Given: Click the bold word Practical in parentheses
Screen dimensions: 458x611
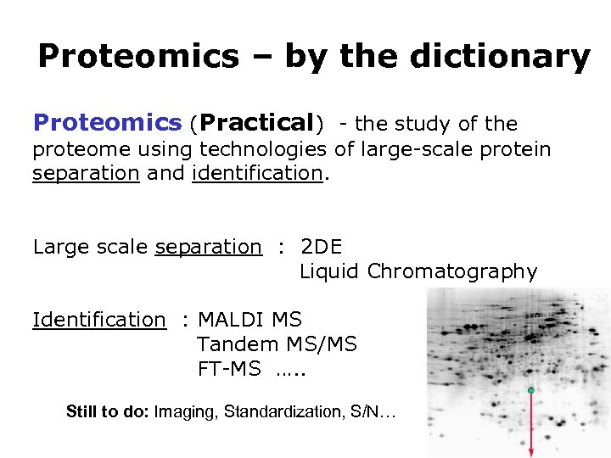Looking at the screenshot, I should [257, 123].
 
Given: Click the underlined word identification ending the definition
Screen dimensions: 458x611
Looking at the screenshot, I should [257, 174].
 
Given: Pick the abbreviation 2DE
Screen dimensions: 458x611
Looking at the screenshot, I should [322, 247].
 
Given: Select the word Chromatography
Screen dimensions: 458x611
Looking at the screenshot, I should [452, 271].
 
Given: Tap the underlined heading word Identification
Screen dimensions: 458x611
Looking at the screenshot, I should [98, 320].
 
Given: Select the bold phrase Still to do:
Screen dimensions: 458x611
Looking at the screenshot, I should [107, 412].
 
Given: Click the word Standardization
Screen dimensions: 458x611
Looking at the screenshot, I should [292, 412].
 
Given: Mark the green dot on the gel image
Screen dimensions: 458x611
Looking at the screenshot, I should [530, 390].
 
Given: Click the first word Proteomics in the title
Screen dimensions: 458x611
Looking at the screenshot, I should [138, 58].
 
